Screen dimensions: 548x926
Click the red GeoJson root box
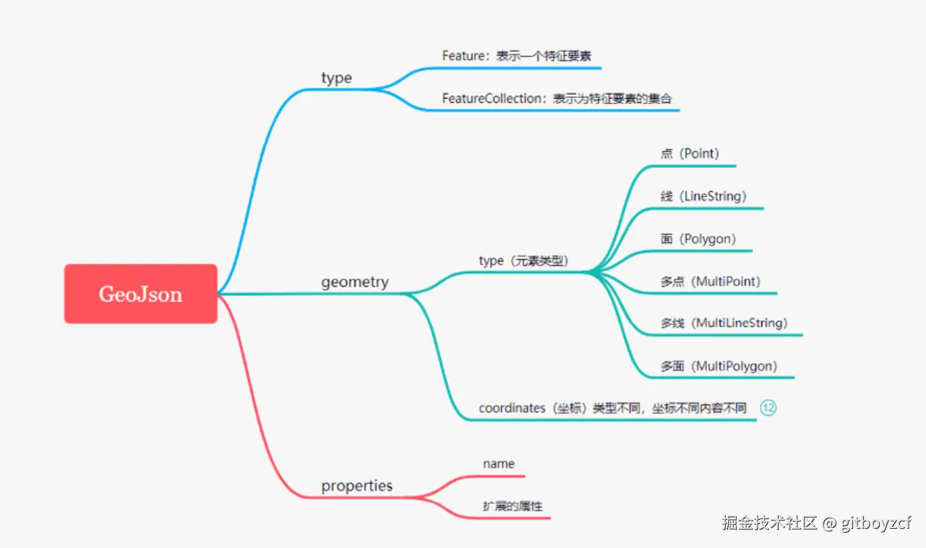click(x=140, y=294)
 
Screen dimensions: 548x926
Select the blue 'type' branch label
click(x=337, y=78)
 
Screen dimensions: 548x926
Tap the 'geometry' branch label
click(x=355, y=282)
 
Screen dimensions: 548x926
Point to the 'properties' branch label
click(x=356, y=486)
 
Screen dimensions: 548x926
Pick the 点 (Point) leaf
click(x=690, y=154)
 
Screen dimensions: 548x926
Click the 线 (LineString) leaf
click(x=703, y=197)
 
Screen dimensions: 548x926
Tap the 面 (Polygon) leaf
click(x=698, y=239)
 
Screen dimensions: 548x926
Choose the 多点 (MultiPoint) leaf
click(x=710, y=282)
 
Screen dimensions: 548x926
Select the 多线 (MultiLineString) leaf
click(x=724, y=323)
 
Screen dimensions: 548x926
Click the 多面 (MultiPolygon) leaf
click(x=719, y=366)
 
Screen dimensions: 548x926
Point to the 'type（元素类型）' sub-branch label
click(x=523, y=261)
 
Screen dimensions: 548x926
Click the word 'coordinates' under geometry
click(x=512, y=408)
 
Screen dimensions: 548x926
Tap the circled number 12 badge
click(x=768, y=408)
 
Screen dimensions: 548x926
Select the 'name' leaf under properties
click(x=499, y=464)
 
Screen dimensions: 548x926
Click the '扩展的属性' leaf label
click(x=513, y=506)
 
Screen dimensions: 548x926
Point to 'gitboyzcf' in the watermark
click(x=875, y=523)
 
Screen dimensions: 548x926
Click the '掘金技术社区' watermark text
click(x=770, y=523)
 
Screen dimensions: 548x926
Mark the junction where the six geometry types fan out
click(x=589, y=273)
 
